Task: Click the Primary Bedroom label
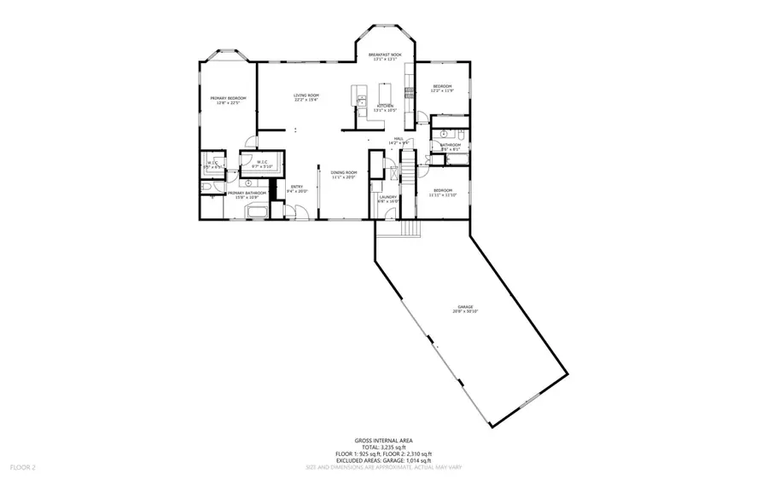228,101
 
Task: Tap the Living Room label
306,97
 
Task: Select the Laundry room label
388,199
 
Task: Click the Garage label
465,309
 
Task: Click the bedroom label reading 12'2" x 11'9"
442,89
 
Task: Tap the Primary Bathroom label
246,195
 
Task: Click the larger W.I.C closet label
263,164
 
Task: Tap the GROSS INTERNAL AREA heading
383,441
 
